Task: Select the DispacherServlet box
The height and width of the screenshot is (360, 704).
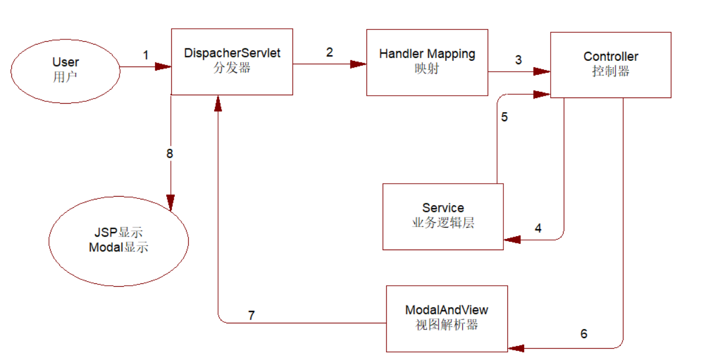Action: (232, 62)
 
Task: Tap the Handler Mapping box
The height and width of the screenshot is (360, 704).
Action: (427, 63)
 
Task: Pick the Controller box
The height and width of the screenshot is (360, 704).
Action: (610, 64)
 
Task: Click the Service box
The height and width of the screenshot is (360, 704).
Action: (442, 216)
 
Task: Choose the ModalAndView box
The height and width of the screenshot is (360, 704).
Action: (446, 318)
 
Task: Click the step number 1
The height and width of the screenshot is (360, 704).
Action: (146, 55)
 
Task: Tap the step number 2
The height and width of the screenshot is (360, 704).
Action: (329, 52)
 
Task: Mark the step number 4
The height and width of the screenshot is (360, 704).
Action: (538, 228)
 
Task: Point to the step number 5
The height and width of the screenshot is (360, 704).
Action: (504, 117)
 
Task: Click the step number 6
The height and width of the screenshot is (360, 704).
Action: (583, 334)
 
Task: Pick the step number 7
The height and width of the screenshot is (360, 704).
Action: (251, 315)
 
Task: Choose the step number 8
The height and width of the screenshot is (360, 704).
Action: (170, 153)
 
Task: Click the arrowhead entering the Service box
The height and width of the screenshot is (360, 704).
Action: (511, 240)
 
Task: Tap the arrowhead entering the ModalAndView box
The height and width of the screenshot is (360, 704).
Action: (515, 348)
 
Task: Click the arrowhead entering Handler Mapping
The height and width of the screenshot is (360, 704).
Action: (358, 64)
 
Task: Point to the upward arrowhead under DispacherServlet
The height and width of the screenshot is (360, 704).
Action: (218, 103)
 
